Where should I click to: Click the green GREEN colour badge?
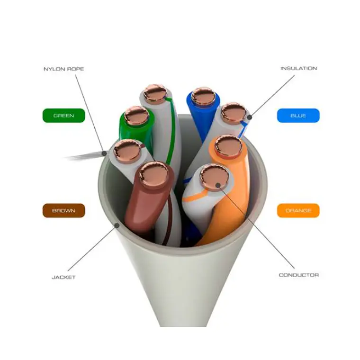63,116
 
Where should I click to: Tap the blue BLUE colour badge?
298,116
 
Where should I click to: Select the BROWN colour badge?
63,210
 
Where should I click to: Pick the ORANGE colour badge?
298,210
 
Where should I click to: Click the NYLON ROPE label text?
63,69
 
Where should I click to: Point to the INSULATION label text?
299,68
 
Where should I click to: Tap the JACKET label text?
63,278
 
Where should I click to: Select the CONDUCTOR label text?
299,275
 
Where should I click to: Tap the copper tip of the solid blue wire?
203,97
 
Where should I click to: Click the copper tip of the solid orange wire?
228,146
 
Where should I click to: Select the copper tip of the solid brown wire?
154,174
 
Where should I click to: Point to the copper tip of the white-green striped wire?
155,94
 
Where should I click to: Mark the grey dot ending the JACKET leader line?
117,225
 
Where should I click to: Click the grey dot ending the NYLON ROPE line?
105,153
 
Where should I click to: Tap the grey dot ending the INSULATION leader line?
250,117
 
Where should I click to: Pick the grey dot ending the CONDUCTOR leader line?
218,185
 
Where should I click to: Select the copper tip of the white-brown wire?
127,151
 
